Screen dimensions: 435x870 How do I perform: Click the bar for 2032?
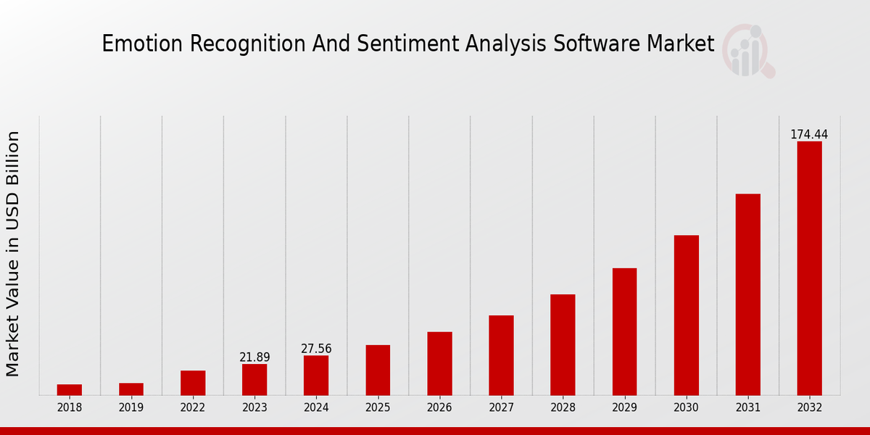(809, 268)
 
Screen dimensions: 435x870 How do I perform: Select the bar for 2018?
(70, 390)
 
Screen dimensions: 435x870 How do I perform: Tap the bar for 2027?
(501, 355)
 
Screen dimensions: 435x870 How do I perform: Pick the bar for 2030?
(686, 315)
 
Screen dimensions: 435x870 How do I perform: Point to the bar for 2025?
(378, 370)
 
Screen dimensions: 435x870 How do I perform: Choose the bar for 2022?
(193, 383)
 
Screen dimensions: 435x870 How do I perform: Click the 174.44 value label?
(809, 135)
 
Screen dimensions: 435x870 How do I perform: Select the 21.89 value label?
(254, 357)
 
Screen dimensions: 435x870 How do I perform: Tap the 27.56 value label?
(316, 349)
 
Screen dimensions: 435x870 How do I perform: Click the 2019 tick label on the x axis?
(131, 407)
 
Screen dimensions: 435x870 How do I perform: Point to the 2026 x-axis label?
(439, 407)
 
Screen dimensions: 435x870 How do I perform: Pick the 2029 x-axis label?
(624, 407)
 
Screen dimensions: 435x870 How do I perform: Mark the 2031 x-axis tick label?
(747, 407)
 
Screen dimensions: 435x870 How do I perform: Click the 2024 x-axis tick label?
(316, 407)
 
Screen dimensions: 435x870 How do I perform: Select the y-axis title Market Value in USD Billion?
(13, 254)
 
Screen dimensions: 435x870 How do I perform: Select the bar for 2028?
(563, 344)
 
